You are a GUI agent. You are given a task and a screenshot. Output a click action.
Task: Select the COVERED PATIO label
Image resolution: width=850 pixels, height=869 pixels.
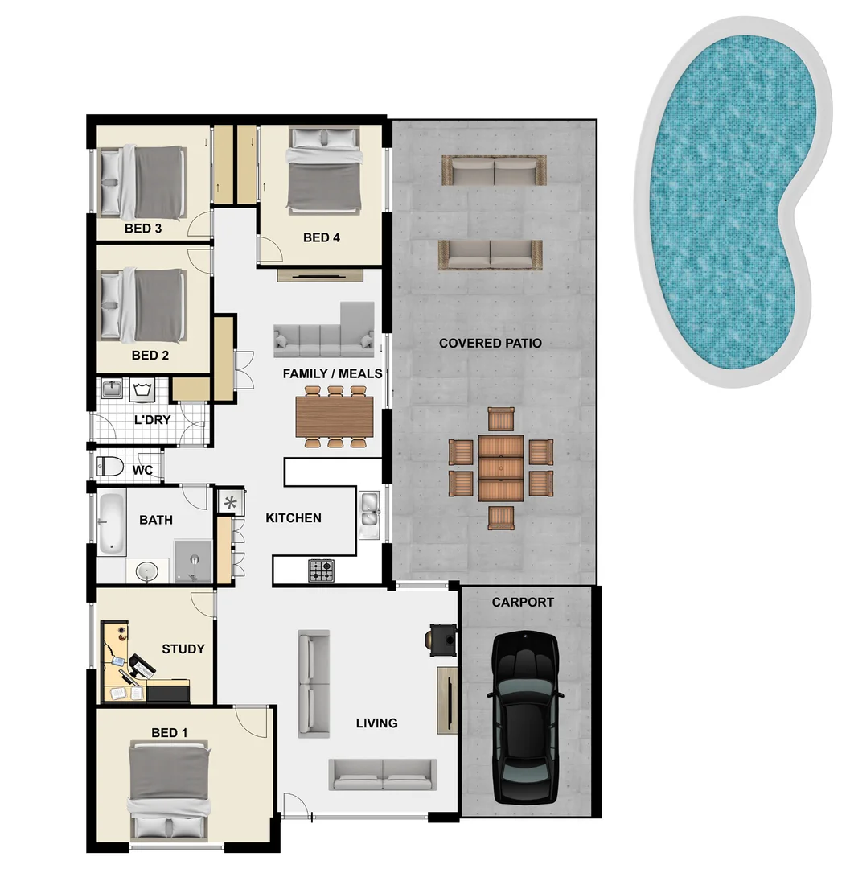(x=490, y=344)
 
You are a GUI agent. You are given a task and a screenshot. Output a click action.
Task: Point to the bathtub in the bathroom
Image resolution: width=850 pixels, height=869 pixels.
(x=112, y=523)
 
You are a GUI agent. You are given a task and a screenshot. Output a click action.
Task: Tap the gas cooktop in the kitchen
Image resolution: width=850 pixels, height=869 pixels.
(x=322, y=570)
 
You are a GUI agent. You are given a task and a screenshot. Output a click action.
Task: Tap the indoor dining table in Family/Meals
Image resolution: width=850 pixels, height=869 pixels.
(x=335, y=417)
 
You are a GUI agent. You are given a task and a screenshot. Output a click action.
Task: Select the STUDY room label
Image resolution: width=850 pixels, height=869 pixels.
(x=183, y=649)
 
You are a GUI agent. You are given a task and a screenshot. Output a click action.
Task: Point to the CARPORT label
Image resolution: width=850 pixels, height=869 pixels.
(x=523, y=602)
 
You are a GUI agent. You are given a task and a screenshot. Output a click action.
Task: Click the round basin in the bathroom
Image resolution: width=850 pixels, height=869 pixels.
(x=147, y=571)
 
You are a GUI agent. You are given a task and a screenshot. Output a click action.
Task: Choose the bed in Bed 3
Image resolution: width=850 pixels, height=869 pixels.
(x=145, y=182)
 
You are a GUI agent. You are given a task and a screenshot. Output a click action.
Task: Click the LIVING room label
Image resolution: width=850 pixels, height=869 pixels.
(x=376, y=723)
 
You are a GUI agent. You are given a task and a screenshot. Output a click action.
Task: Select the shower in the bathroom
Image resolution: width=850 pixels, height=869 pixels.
(x=193, y=560)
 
